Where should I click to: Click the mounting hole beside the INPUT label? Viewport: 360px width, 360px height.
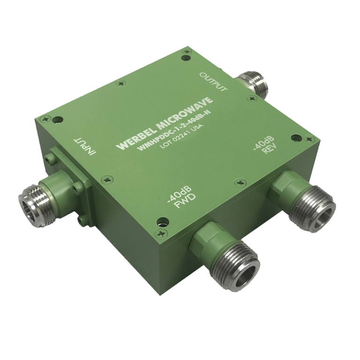coord(57,120)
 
